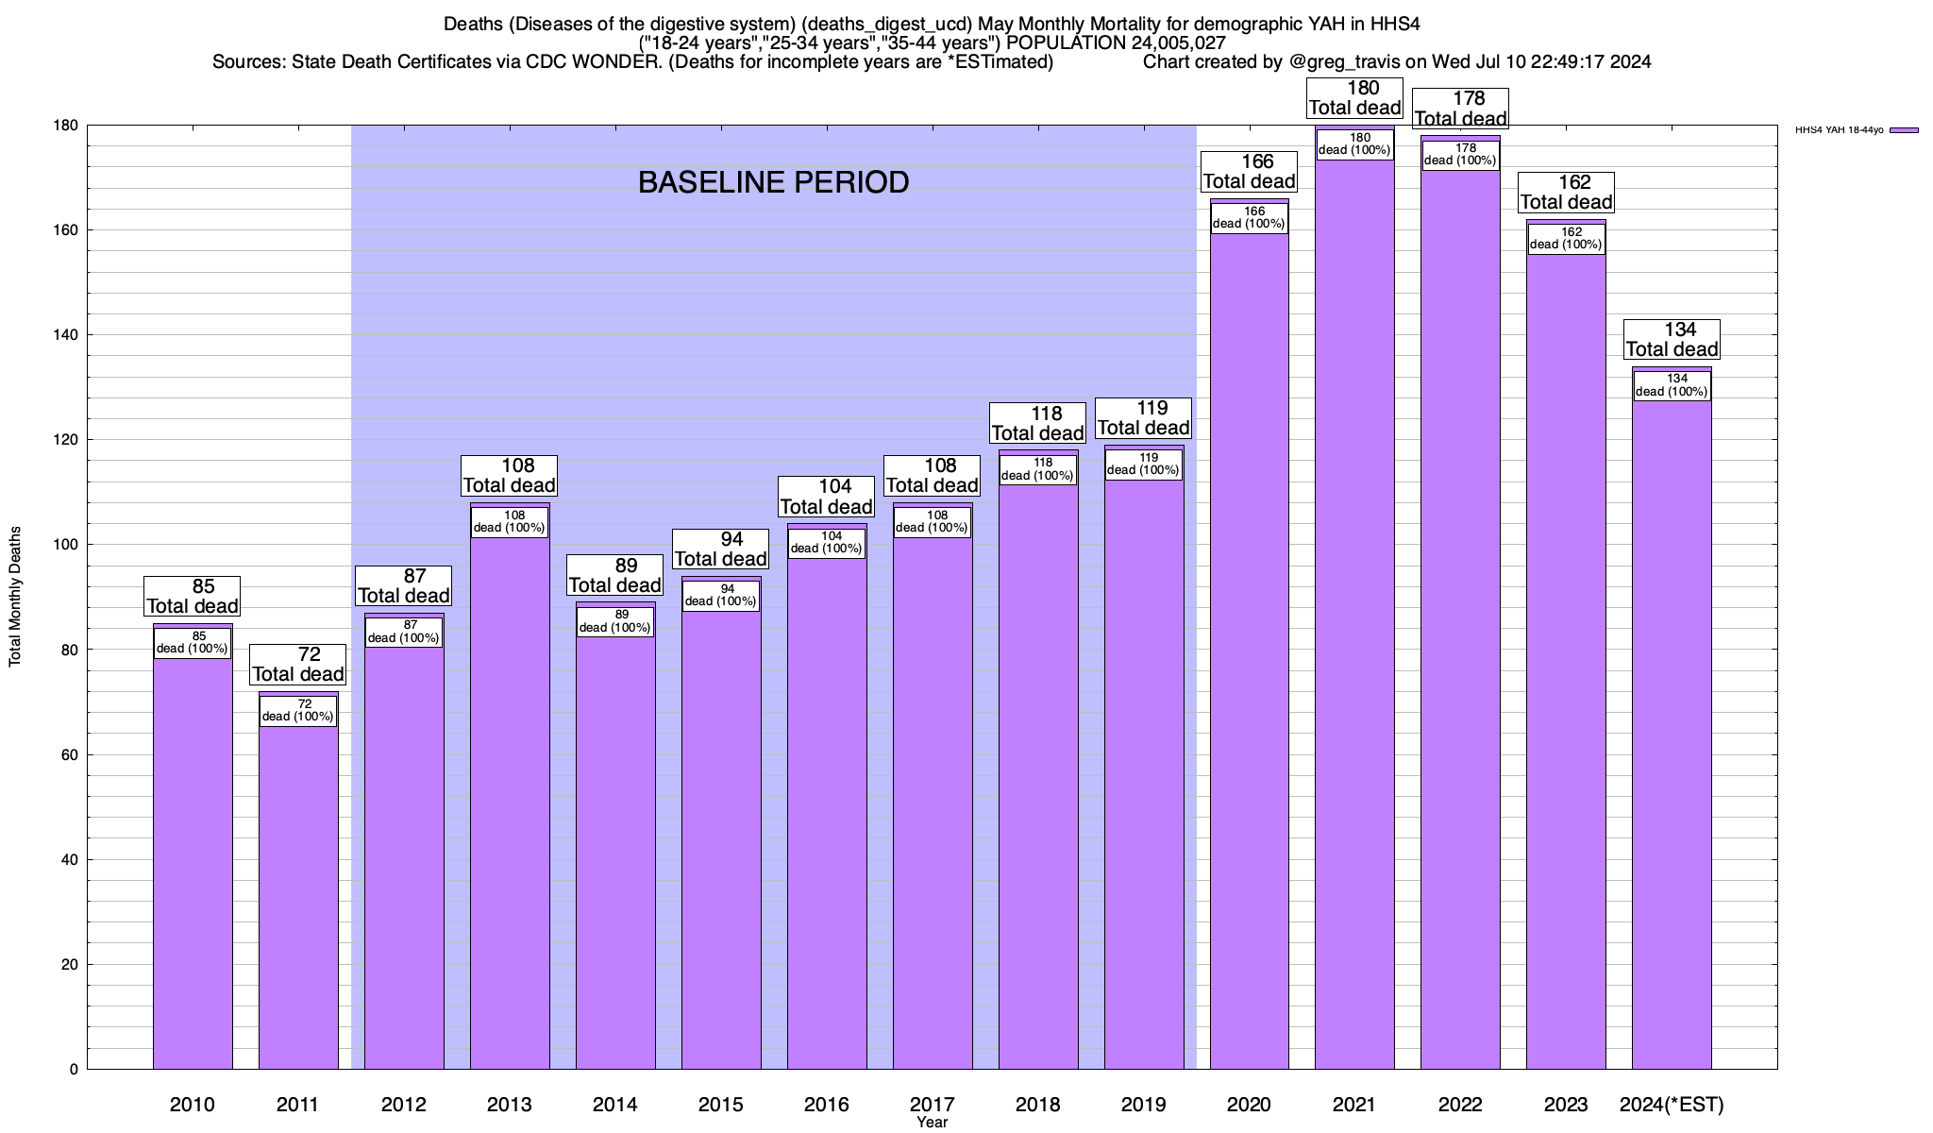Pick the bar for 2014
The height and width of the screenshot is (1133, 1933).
[615, 850]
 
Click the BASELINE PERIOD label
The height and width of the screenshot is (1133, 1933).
[773, 182]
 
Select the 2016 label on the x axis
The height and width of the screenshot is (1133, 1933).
[826, 1104]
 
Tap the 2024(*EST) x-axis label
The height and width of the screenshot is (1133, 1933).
[1672, 1104]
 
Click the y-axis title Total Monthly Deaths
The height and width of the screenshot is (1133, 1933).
[15, 597]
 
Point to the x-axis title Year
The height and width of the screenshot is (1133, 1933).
[932, 1123]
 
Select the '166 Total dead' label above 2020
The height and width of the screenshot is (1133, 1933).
[1250, 172]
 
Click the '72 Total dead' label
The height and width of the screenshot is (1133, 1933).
[298, 665]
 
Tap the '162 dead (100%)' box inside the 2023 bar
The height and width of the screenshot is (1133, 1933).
[1566, 238]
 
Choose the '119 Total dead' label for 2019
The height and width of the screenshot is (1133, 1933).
[1143, 418]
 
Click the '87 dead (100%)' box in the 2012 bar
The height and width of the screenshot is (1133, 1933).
[403, 632]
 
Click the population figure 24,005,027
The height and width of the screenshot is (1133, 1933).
[1172, 42]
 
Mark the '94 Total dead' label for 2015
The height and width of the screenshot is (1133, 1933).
[720, 550]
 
